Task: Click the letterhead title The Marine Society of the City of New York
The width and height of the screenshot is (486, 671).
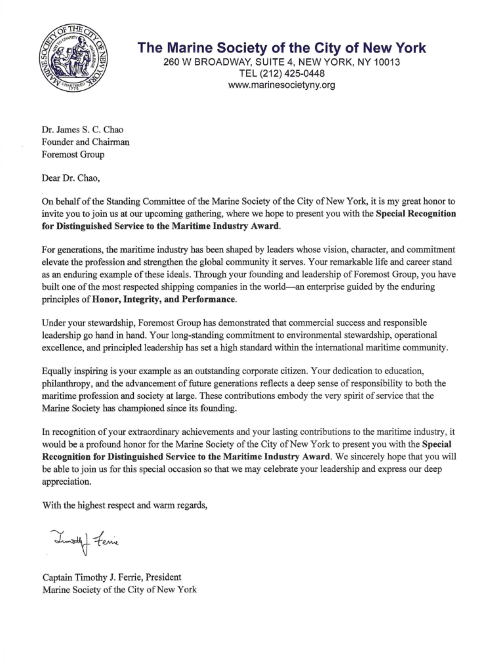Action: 281,48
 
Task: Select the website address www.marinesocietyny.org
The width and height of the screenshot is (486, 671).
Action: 281,85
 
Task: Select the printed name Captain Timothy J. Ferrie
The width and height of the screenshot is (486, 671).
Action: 94,577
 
